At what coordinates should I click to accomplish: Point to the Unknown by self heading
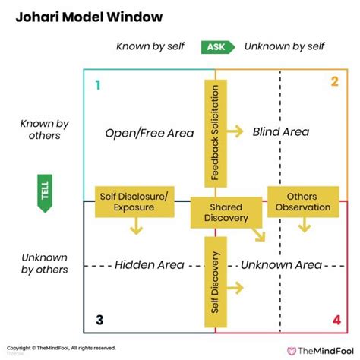284,47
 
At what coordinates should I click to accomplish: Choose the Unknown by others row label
44,263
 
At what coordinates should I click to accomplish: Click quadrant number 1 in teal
96,85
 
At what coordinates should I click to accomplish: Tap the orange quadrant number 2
333,82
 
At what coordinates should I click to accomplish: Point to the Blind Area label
280,132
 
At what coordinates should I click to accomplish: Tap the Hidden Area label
150,265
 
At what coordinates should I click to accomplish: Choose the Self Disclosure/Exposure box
134,201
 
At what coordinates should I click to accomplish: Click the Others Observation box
303,201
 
